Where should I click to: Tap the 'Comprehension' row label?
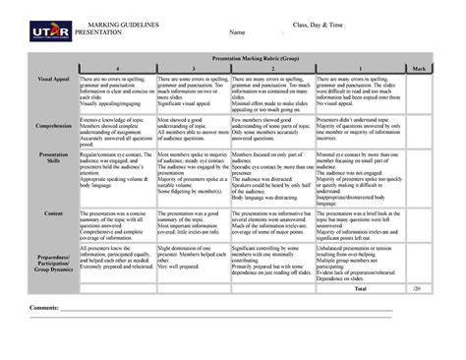point(51,128)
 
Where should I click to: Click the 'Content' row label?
point(51,212)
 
